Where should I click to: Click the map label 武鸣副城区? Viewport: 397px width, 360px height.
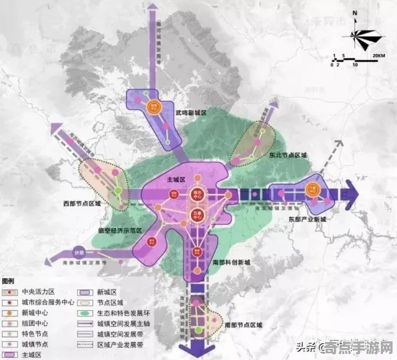191,114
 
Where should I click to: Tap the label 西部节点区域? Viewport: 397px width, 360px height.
83,203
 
